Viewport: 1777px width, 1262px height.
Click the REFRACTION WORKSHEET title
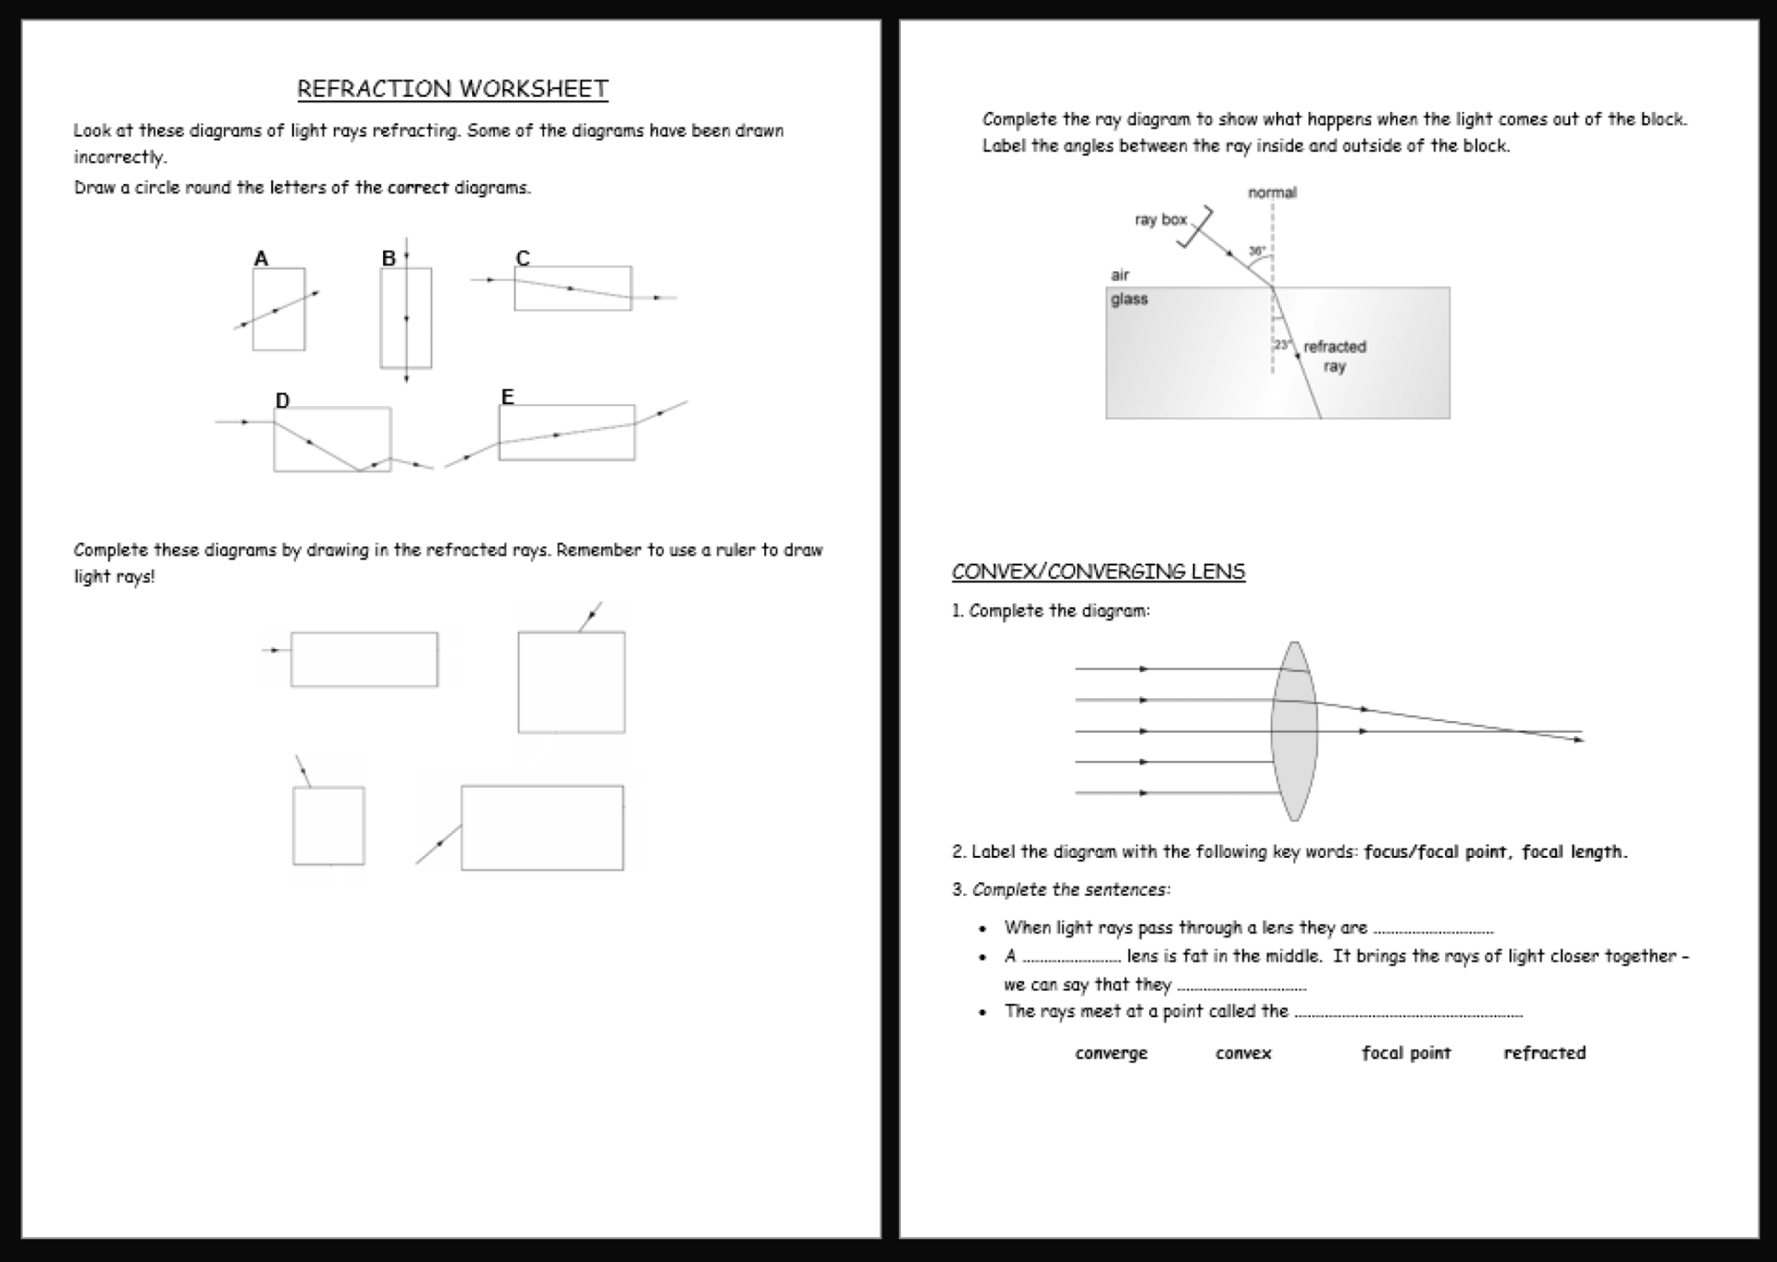[x=452, y=89]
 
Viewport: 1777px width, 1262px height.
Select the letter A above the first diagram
[x=261, y=258]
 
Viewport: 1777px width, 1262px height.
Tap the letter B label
[x=389, y=258]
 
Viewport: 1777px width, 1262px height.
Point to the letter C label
[x=523, y=258]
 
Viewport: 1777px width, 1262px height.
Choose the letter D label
[x=282, y=401]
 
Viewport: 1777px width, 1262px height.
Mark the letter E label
[x=507, y=396]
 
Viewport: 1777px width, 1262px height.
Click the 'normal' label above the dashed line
[x=1272, y=193]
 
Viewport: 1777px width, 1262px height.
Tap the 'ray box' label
[x=1160, y=220]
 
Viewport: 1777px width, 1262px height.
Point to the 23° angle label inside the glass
[x=1282, y=344]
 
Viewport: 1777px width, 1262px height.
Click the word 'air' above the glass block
[x=1120, y=274]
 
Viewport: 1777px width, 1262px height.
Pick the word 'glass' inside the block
[x=1129, y=298]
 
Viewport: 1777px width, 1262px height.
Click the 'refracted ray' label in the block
[x=1334, y=356]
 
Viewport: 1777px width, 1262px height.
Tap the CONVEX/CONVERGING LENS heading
[x=1098, y=571]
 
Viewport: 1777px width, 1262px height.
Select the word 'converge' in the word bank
[x=1111, y=1053]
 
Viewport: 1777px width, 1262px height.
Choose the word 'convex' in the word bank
[x=1243, y=1053]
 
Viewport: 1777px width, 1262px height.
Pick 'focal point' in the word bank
[x=1406, y=1053]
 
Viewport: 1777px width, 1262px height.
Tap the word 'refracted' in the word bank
[x=1544, y=1053]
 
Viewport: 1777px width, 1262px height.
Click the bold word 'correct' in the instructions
[x=418, y=187]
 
